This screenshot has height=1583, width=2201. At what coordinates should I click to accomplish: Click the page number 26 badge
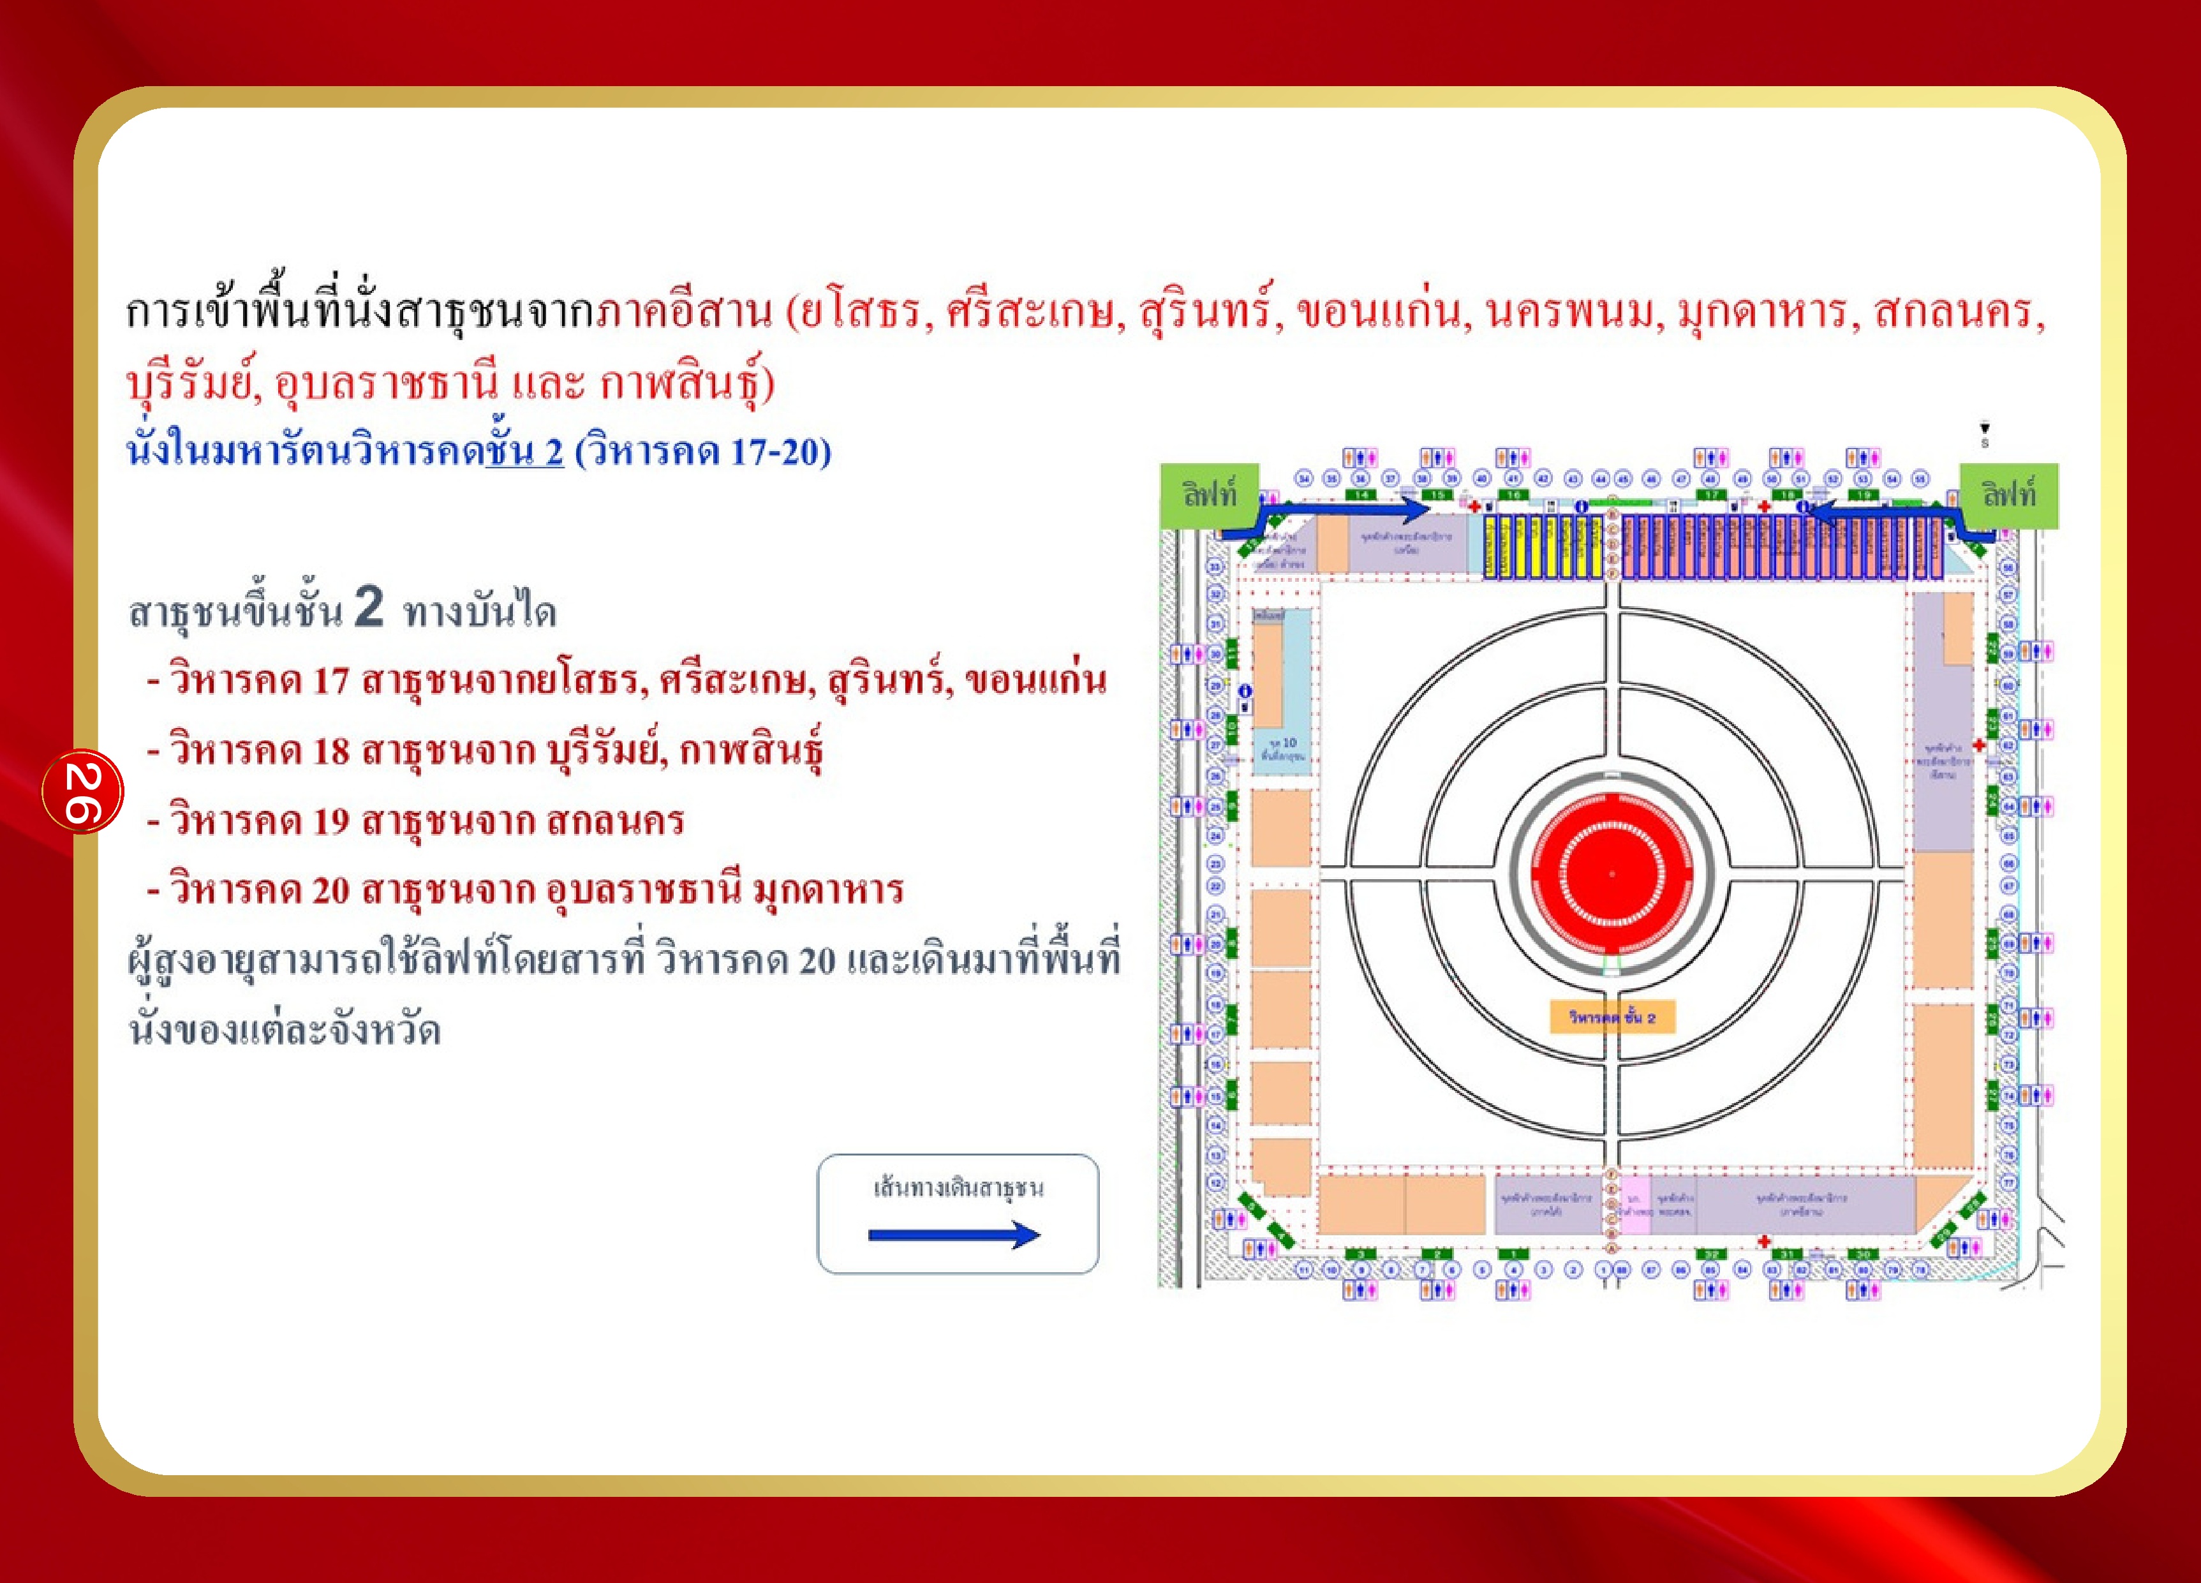(x=82, y=791)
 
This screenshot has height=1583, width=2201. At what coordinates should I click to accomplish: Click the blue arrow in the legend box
(x=954, y=1235)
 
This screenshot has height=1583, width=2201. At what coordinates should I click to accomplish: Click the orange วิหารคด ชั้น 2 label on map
(x=1612, y=1016)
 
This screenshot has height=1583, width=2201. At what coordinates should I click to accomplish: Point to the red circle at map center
(x=1612, y=873)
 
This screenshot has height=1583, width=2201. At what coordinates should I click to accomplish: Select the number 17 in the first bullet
(x=330, y=680)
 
